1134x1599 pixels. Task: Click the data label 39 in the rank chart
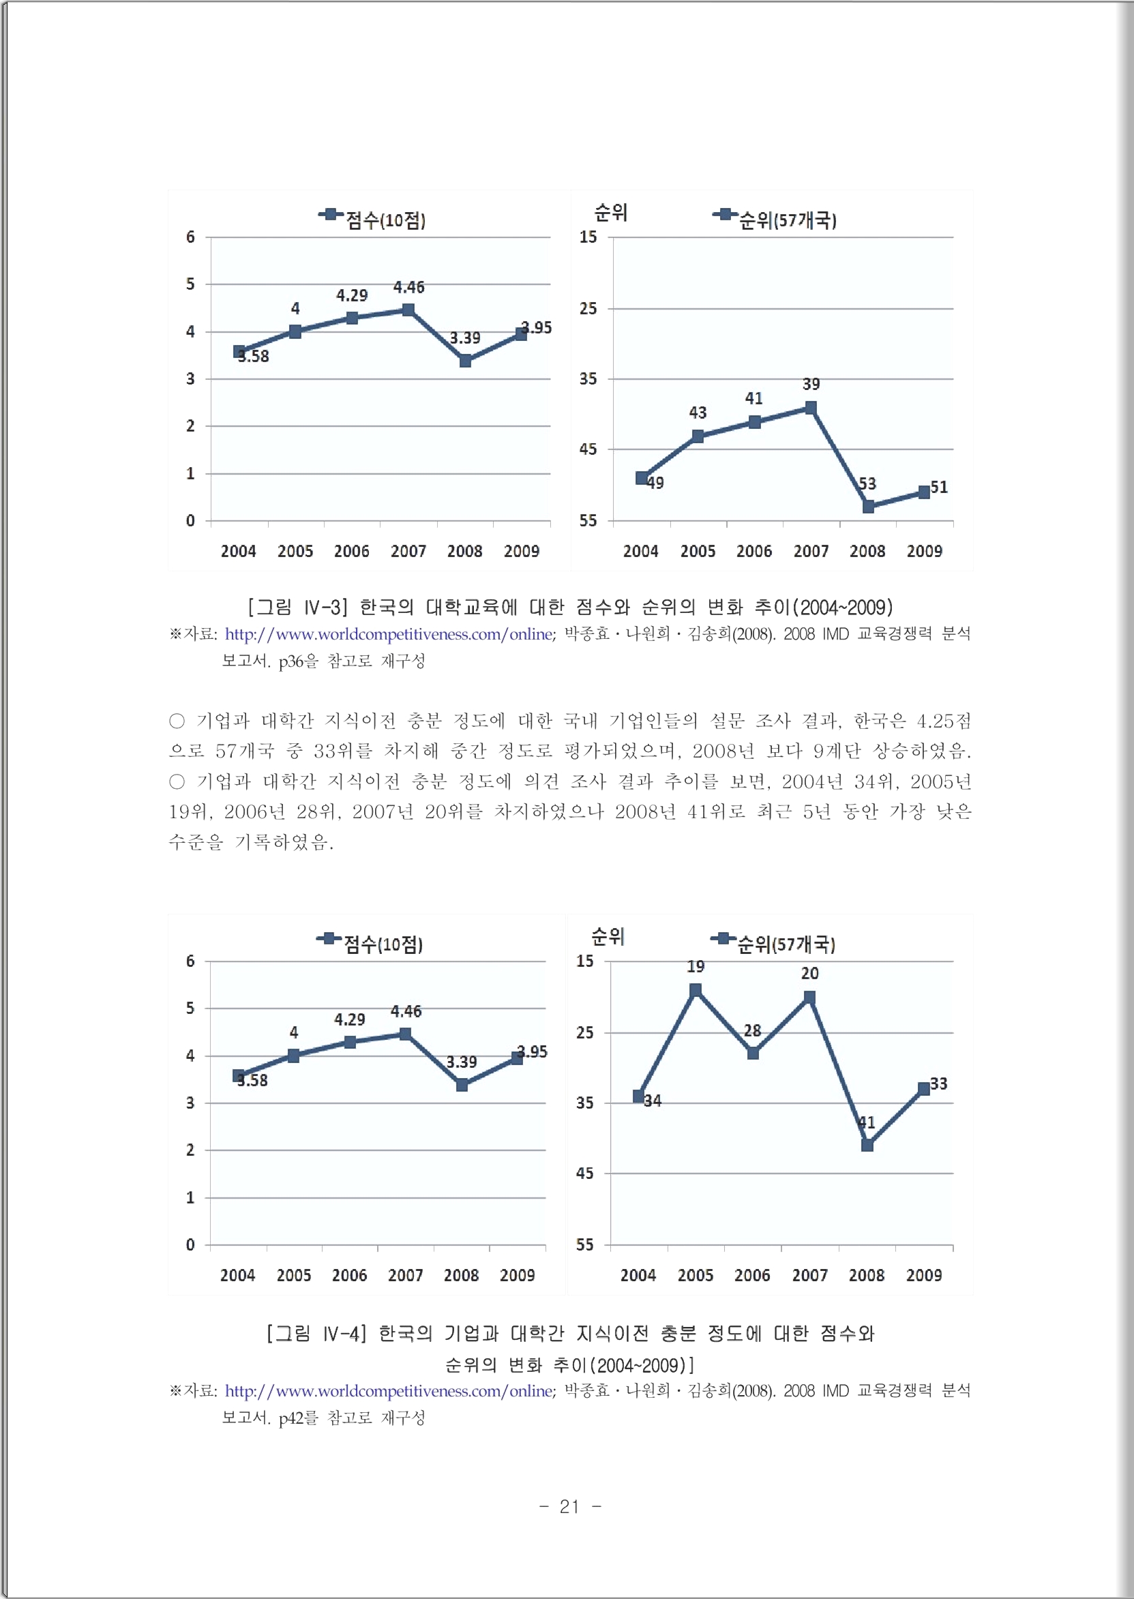811,384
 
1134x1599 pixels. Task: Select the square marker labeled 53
868,506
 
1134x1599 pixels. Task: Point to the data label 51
939,487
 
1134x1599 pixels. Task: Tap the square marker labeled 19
696,990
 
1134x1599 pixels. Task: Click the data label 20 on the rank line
809,972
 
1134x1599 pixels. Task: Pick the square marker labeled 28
753,1053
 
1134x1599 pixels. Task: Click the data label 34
652,1101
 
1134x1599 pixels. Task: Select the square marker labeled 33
924,1088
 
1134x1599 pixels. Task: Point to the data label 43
698,413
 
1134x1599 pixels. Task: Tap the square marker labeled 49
642,477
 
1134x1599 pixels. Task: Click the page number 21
569,1506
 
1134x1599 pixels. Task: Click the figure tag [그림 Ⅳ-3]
297,607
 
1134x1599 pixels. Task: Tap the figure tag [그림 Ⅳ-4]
316,1333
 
